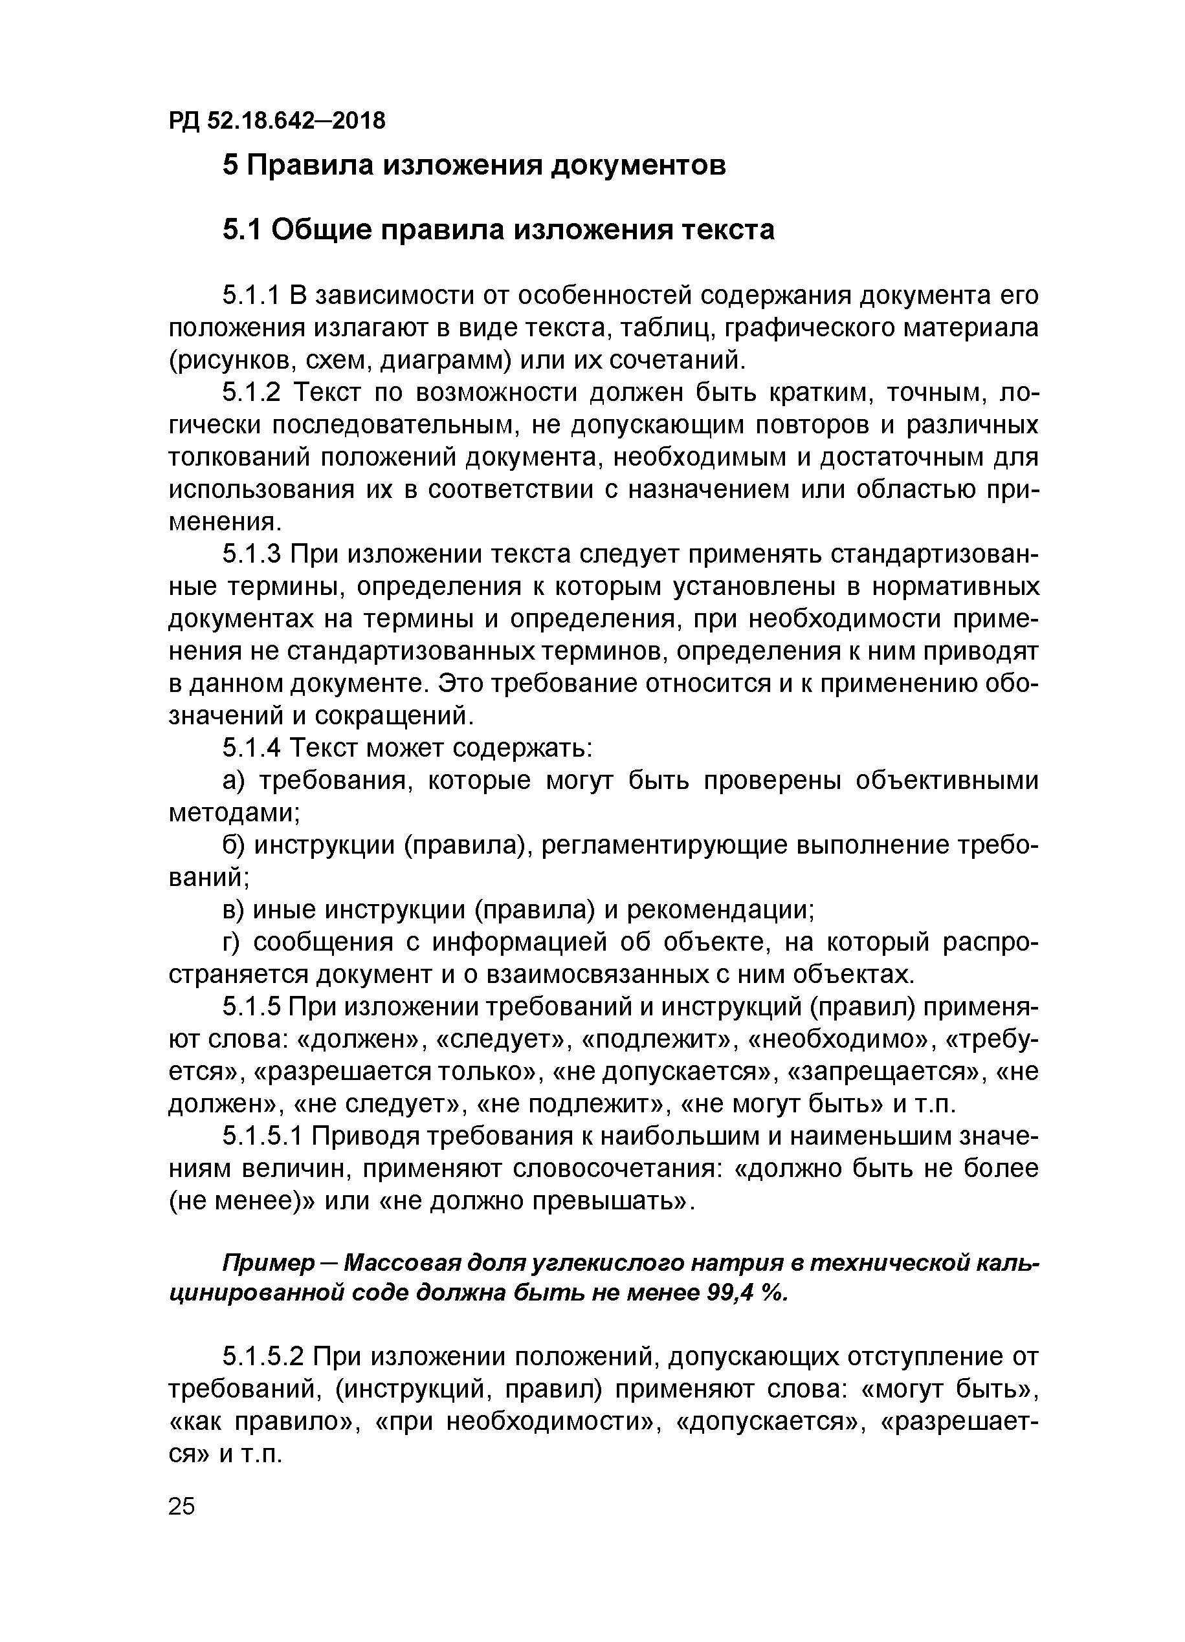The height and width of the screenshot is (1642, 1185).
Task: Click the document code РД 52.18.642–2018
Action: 278,120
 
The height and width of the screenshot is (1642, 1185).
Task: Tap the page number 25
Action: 182,1507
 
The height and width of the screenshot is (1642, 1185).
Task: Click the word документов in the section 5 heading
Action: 638,166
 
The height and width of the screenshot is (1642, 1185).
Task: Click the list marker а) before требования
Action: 235,781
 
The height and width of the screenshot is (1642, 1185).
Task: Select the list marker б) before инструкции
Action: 235,846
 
